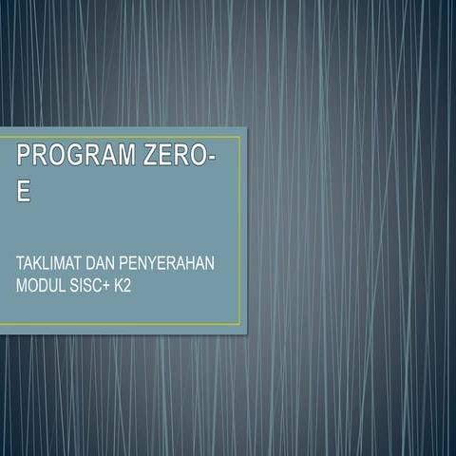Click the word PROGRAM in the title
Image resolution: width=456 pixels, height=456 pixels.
point(71,156)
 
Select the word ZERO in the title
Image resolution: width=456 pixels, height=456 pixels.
point(167,156)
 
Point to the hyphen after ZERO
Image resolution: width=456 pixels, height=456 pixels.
point(209,158)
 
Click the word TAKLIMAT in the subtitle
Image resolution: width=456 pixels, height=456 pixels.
point(48,260)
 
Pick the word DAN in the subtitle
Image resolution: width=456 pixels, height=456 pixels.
point(100,260)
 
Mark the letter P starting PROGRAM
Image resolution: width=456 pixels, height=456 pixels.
point(23,156)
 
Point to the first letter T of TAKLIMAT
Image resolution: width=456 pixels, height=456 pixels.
point(20,260)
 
